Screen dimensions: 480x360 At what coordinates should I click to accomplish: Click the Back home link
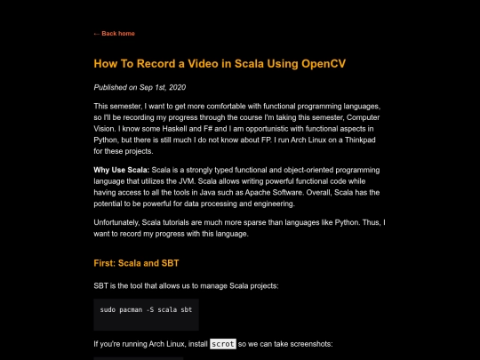pos(115,33)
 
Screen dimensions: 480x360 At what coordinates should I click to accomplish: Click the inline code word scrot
pos(223,343)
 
